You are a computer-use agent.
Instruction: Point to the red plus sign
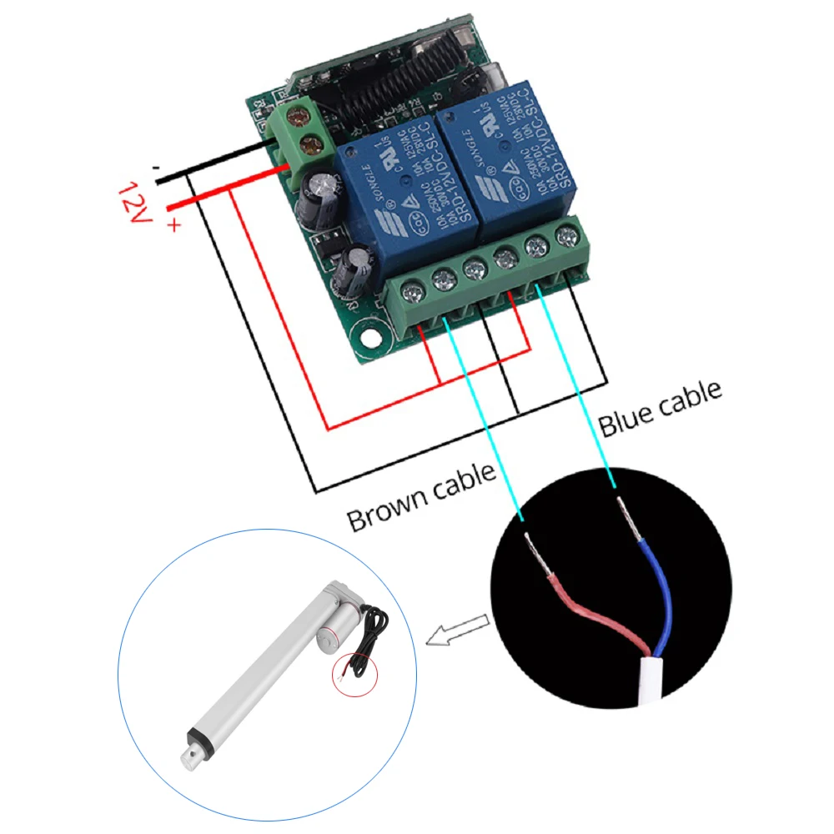(x=173, y=224)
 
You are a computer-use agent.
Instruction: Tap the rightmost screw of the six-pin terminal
(x=570, y=236)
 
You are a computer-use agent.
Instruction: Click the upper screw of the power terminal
(x=294, y=116)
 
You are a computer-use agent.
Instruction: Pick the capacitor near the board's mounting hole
(x=354, y=267)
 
